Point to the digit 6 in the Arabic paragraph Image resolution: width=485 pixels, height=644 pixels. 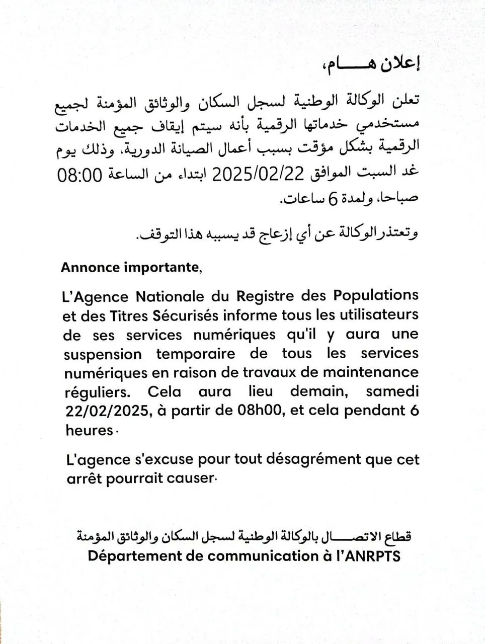coord(332,200)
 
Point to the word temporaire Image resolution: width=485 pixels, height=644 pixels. coord(196,354)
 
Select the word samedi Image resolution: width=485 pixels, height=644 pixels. coord(392,391)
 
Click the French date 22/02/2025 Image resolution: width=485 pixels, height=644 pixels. coord(107,411)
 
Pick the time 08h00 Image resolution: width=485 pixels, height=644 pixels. coord(261,411)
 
